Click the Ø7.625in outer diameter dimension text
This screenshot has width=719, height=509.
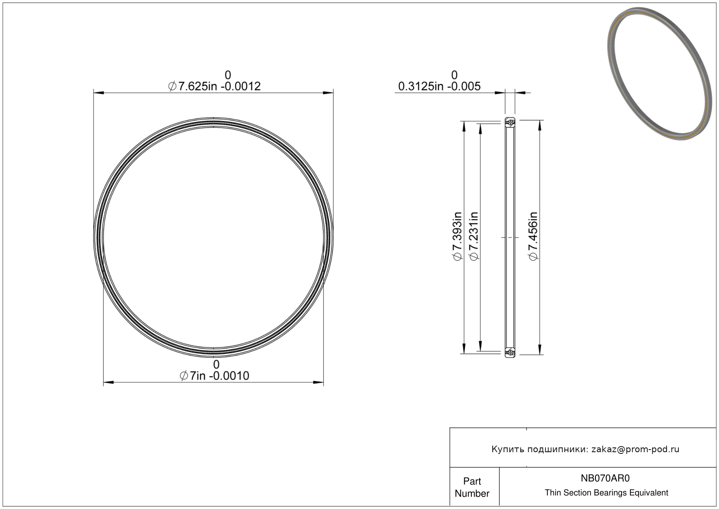pos(214,86)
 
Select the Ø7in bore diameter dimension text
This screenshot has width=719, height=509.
pos(214,375)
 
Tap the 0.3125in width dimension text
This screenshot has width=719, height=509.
pos(439,86)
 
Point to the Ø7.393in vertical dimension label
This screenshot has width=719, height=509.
pos(457,236)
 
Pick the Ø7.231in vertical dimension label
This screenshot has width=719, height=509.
pos(474,236)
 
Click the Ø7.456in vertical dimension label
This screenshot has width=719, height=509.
pos(533,236)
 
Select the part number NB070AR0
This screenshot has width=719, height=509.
pos(605,478)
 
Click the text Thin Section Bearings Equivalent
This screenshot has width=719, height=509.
pos(606,492)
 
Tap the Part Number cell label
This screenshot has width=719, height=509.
pos(472,487)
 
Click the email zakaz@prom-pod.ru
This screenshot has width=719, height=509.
pos(635,449)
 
